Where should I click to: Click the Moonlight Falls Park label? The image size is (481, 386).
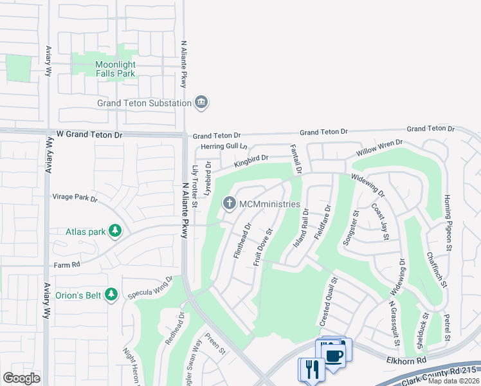pyautogui.click(x=115, y=69)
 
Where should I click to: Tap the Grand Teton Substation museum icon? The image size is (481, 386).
pyautogui.click(x=201, y=103)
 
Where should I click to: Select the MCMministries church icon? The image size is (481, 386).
pyautogui.click(x=229, y=204)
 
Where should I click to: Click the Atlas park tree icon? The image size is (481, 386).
pyautogui.click(x=115, y=231)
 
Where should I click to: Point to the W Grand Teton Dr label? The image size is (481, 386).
pyautogui.click(x=89, y=135)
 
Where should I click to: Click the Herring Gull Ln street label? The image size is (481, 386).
pyautogui.click(x=224, y=147)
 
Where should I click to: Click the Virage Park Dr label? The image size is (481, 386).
pyautogui.click(x=75, y=199)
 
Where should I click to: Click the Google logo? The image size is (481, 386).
pyautogui.click(x=21, y=378)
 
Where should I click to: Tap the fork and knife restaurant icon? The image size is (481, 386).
pyautogui.click(x=309, y=370)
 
